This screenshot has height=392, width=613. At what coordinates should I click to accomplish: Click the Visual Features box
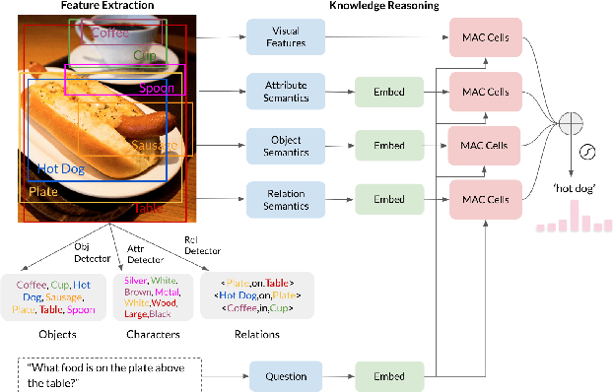coord(285,37)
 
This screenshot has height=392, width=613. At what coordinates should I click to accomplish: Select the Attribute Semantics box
coord(285,92)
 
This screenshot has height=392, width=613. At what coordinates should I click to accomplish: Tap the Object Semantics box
coord(285,146)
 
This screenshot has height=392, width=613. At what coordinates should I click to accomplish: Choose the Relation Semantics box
coord(285,200)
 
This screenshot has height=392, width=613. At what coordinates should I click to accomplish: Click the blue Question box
coord(285,375)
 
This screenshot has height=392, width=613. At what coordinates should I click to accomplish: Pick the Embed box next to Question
coord(388,375)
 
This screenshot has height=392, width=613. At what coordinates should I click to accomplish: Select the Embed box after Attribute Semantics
coord(388,92)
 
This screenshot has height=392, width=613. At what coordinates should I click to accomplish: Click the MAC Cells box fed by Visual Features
coord(485,37)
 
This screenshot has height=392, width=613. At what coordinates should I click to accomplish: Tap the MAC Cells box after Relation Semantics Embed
coord(485,200)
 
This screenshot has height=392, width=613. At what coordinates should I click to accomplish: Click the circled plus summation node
coord(571,122)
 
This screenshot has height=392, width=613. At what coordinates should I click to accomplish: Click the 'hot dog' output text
coord(569,187)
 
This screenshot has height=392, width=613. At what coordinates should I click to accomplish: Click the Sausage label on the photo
coord(155,146)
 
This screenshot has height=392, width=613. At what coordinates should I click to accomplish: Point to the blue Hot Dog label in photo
coord(59,169)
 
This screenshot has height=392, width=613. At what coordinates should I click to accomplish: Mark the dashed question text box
coord(109,375)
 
